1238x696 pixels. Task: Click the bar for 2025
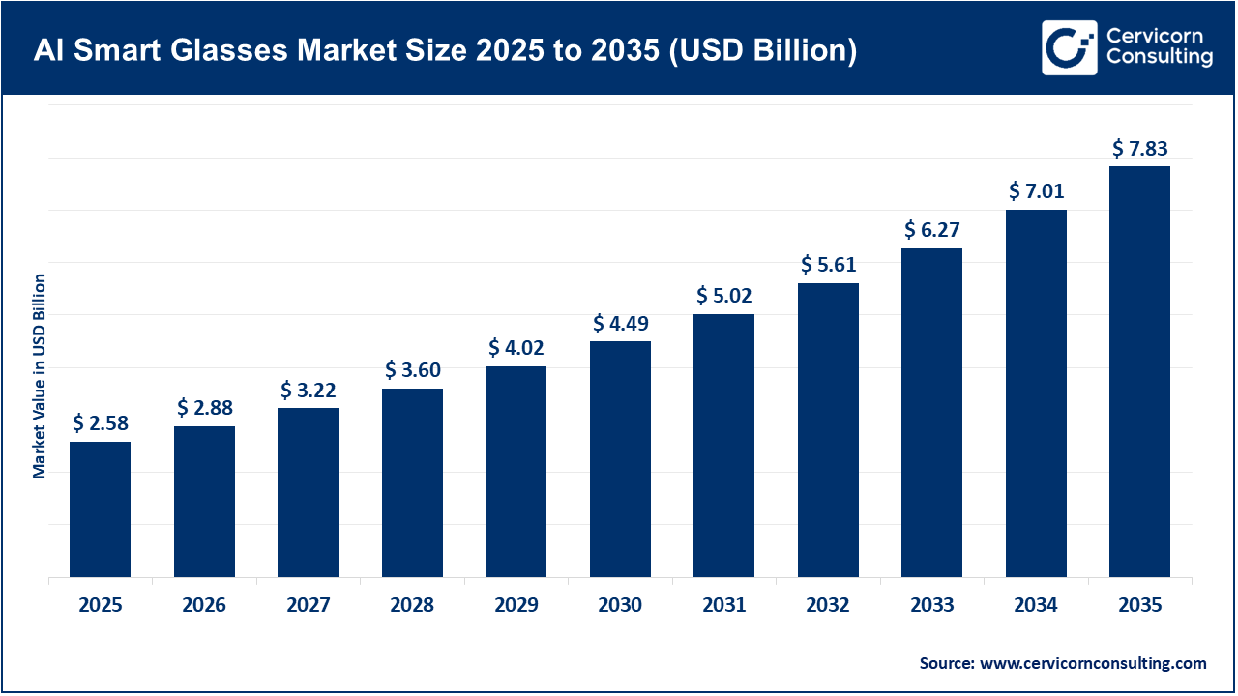coord(100,509)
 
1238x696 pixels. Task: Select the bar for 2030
coord(620,459)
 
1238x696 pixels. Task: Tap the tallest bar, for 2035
coord(1139,372)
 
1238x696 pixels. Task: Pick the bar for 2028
coord(412,483)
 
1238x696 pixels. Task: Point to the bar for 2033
coord(931,413)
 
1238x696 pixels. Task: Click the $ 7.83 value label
coord(1139,148)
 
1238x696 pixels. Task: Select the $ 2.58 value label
coord(100,423)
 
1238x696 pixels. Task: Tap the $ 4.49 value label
coord(620,323)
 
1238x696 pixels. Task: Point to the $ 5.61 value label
coord(828,265)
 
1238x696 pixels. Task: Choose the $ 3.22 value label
coord(309,390)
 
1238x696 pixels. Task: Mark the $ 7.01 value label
coord(1036,191)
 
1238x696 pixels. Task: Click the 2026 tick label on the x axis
coord(204,606)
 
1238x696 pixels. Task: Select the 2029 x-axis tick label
coord(516,606)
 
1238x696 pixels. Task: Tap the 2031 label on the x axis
coord(723,606)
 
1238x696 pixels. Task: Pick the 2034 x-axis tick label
coord(1036,606)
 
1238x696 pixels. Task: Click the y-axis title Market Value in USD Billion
coord(40,376)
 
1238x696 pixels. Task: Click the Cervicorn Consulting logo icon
coord(1069,47)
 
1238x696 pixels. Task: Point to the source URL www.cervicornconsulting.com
coord(1093,663)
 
